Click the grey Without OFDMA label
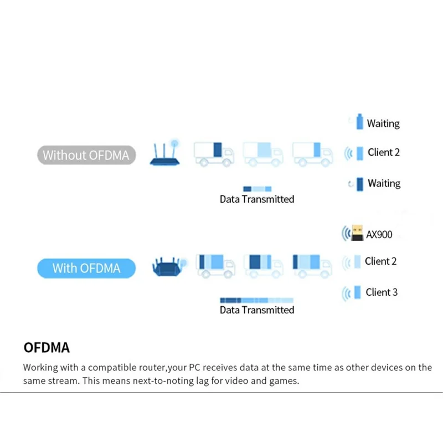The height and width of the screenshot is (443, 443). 86,155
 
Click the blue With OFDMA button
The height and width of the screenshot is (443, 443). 86,269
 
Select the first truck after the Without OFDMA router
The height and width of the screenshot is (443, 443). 214,153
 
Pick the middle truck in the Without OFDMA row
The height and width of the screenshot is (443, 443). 262,153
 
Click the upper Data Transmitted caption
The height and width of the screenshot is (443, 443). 257,199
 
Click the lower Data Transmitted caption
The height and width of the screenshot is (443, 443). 257,310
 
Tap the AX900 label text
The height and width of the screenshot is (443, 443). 379,235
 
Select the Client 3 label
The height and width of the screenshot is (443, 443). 382,292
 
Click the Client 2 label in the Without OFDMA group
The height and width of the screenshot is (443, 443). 383,152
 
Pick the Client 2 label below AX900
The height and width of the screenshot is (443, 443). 381,261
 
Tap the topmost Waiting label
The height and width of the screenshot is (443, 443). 383,123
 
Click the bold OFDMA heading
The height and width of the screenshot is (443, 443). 47,348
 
